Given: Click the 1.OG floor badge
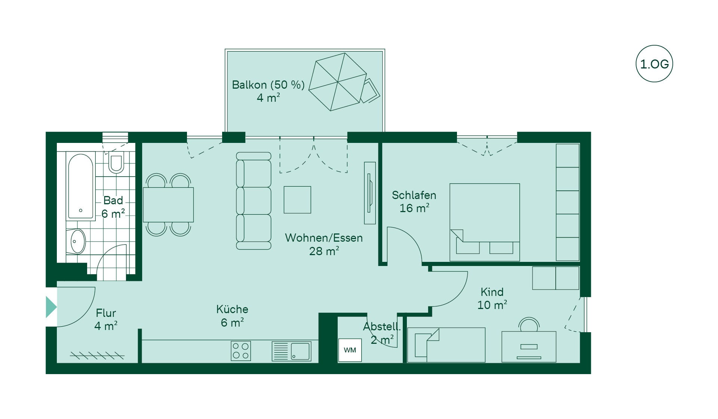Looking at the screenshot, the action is pyautogui.click(x=654, y=64).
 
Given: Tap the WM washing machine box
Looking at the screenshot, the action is pyautogui.click(x=350, y=350).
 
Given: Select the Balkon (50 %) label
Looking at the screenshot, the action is pyautogui.click(x=268, y=85).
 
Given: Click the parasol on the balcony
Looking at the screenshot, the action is pyautogui.click(x=338, y=82).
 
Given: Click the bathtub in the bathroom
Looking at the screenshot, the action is pyautogui.click(x=80, y=186).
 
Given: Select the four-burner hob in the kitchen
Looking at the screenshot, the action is pyautogui.click(x=241, y=351).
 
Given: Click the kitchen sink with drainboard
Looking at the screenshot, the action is pyautogui.click(x=291, y=351).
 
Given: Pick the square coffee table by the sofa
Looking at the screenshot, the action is pyautogui.click(x=297, y=200).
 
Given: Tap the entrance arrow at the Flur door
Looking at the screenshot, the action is pyautogui.click(x=51, y=307).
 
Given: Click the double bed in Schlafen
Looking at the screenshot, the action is pyautogui.click(x=485, y=222).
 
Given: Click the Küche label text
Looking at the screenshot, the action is pyautogui.click(x=232, y=309).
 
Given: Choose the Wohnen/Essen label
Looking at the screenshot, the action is pyautogui.click(x=324, y=238).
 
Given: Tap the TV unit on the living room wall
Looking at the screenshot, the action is pyautogui.click(x=370, y=193).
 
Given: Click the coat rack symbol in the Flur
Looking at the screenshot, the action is pyautogui.click(x=97, y=355).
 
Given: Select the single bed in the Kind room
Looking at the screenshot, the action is pyautogui.click(x=447, y=345).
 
